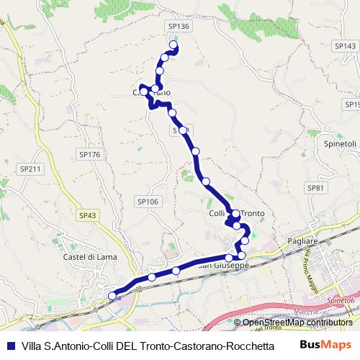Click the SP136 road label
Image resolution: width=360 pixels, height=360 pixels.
coord(179,26)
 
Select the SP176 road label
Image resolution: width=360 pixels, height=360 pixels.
coord(89,154)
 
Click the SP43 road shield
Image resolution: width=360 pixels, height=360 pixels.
coord(88,215)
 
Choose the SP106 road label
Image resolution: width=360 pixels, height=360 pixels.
coord(147,202)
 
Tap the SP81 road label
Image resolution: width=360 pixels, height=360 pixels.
coord(316,187)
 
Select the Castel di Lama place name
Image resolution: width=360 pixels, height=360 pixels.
coord(88,257)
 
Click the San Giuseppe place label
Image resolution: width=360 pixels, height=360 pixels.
coord(223,266)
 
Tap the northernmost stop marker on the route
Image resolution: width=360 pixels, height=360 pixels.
coord(174,45)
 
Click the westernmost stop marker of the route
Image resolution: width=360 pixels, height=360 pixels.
coord(112,295)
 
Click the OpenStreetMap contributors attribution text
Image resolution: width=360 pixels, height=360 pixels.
coord(297,322)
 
